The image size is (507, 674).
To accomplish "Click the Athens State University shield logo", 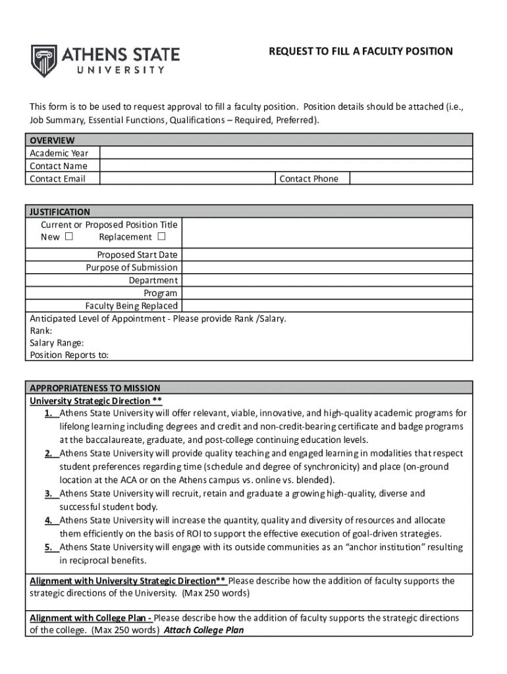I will (44, 61).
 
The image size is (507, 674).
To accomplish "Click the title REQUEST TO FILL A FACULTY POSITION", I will (360, 51).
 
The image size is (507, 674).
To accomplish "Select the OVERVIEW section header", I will (52, 140).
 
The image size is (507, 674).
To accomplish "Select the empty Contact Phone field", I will (410, 179).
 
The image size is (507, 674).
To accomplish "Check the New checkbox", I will (69, 237).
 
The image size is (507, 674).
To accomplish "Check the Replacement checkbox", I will (161, 237).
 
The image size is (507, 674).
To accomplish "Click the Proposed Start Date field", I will (327, 255).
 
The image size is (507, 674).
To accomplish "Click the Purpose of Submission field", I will (327, 268).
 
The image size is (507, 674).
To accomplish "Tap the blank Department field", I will (327, 280).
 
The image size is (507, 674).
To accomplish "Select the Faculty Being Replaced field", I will (327, 306).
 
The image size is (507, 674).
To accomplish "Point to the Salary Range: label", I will (57, 343).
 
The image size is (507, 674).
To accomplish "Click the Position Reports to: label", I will (69, 355).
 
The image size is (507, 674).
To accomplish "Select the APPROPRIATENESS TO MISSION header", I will (95, 388).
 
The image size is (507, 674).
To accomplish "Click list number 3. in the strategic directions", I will (49, 494).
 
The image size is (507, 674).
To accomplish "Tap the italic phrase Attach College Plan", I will (203, 631).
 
